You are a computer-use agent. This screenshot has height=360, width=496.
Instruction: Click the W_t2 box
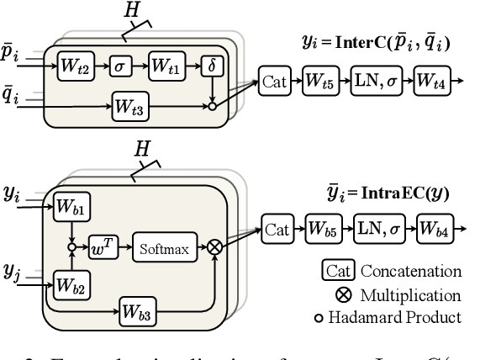pos(74,65)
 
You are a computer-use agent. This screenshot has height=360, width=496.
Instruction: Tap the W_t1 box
pos(166,65)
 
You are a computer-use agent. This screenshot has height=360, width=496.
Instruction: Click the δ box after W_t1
pos(210,65)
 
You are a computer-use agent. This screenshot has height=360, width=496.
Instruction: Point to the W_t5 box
pos(319,82)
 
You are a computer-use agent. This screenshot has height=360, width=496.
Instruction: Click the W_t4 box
pos(434,82)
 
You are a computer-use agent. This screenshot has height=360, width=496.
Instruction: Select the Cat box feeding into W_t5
pos(275,82)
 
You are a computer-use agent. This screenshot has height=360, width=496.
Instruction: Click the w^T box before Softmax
pos(103,247)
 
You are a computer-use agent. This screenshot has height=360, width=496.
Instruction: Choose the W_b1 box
pos(71,207)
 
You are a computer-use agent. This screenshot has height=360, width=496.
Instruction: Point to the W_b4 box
pos(438,228)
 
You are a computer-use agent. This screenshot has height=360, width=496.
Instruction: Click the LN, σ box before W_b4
pos(378,228)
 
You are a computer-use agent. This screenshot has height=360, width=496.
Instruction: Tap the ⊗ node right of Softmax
pos(216,247)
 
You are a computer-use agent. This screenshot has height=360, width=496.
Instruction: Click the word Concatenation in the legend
pos(411,272)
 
